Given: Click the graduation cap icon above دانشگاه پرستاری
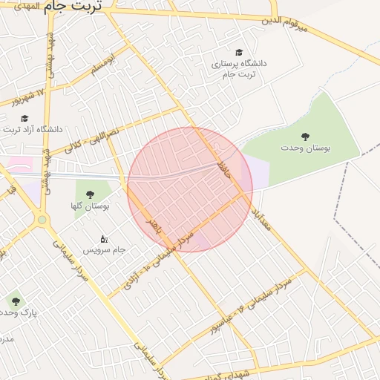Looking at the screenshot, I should pyautogui.click(x=239, y=52).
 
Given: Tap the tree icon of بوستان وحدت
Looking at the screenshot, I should pyautogui.click(x=305, y=136).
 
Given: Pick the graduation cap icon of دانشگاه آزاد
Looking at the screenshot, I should pyautogui.click(x=24, y=117).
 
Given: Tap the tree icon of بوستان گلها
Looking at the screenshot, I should pyautogui.click(x=90, y=194).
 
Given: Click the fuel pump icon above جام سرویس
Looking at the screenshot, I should pyautogui.click(x=103, y=239).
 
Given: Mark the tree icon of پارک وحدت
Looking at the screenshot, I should pyautogui.click(x=16, y=301).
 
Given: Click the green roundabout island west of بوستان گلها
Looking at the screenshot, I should pyautogui.click(x=42, y=220).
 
